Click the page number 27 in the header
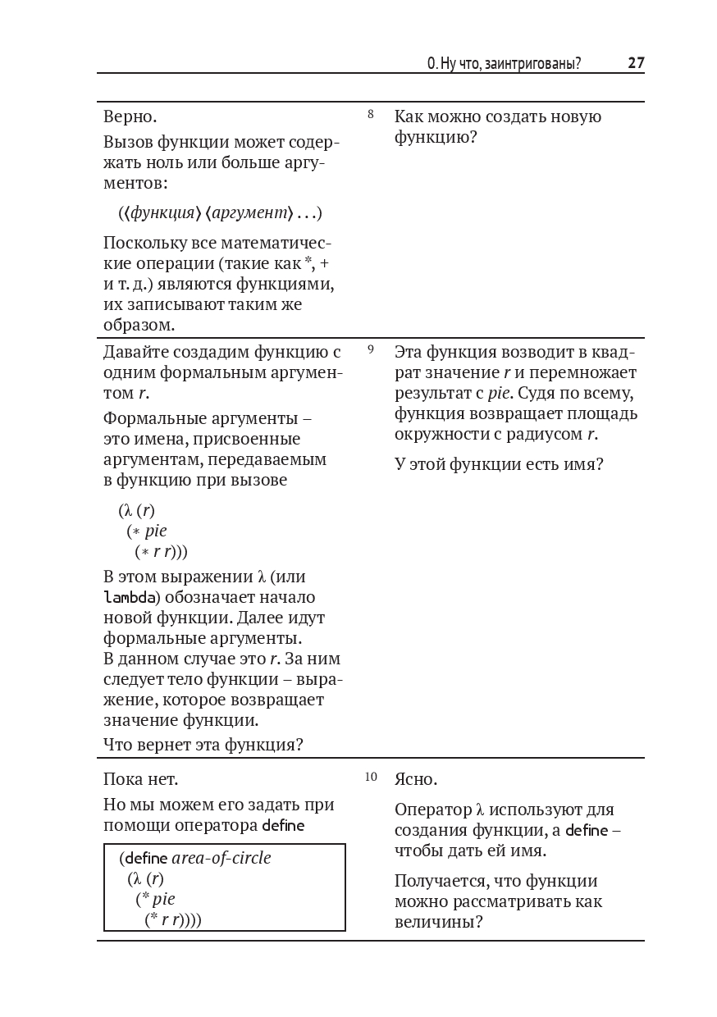[x=636, y=63]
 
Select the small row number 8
[x=371, y=115]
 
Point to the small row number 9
[x=371, y=350]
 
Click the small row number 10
[x=371, y=777]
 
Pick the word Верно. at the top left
[x=130, y=116]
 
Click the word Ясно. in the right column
[x=416, y=779]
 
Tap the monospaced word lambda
[x=128, y=597]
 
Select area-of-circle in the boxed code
[x=221, y=859]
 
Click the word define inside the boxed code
[x=145, y=859]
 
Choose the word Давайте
[x=135, y=353]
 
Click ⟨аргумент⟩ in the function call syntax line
[x=249, y=213]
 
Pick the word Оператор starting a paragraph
[x=432, y=810]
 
